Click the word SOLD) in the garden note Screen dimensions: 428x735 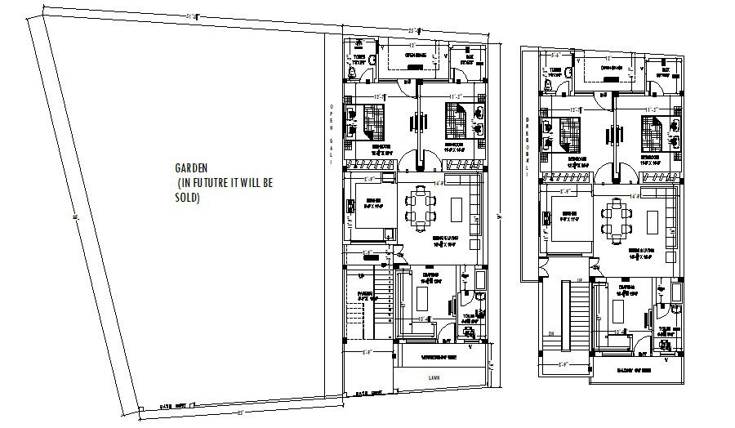pyautogui.click(x=187, y=198)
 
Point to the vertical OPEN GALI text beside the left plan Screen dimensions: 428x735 pyautogui.click(x=332, y=135)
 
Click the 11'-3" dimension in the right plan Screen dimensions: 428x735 pyautogui.click(x=651, y=109)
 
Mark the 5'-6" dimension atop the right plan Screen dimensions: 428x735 pyautogui.click(x=555, y=56)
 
